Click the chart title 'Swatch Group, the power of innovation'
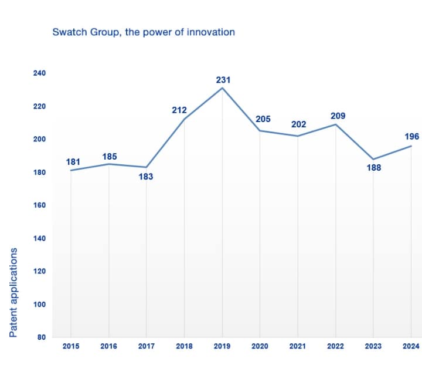tap(144, 32)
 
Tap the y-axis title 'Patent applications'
tap(13, 292)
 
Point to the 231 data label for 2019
tap(223, 79)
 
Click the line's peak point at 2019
tap(222, 87)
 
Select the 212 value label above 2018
tap(179, 110)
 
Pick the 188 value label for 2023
tap(373, 168)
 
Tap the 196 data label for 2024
tap(412, 137)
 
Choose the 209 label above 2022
tap(338, 116)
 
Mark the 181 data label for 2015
tap(73, 161)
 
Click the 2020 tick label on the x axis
tap(260, 346)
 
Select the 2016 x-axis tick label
tap(108, 346)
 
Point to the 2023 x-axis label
tap(373, 346)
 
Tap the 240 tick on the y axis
tap(39, 73)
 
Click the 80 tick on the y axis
tap(42, 337)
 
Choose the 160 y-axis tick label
tap(39, 205)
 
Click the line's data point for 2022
tap(336, 124)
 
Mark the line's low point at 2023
tap(373, 159)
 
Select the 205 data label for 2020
tap(263, 119)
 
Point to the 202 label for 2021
tap(298, 124)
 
